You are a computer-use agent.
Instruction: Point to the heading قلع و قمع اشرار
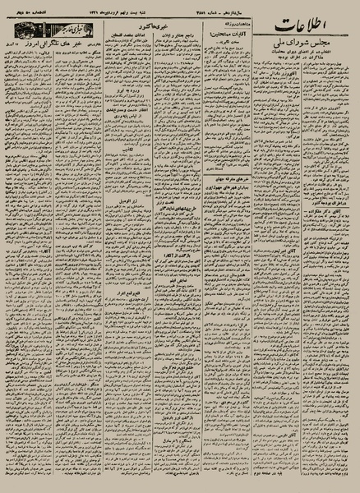tap(131, 291)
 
